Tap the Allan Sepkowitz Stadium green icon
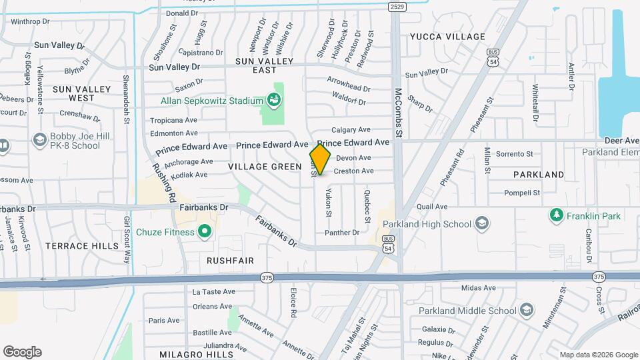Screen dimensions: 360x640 [273, 101]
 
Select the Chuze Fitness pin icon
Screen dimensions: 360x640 [205, 232]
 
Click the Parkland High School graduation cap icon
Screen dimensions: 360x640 [482, 224]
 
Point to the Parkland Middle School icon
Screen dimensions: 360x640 [527, 311]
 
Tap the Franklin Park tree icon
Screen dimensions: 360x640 [555, 215]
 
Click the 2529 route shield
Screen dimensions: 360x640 [397, 6]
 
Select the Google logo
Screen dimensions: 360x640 [22, 352]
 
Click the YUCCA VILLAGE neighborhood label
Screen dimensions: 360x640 [447, 36]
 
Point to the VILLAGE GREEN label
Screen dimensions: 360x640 [261, 166]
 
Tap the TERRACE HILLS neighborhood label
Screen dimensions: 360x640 [76, 246]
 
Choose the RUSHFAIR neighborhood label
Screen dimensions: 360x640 [231, 260]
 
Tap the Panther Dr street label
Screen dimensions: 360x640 [342, 233]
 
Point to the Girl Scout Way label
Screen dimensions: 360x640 [126, 240]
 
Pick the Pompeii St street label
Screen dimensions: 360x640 [522, 193]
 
